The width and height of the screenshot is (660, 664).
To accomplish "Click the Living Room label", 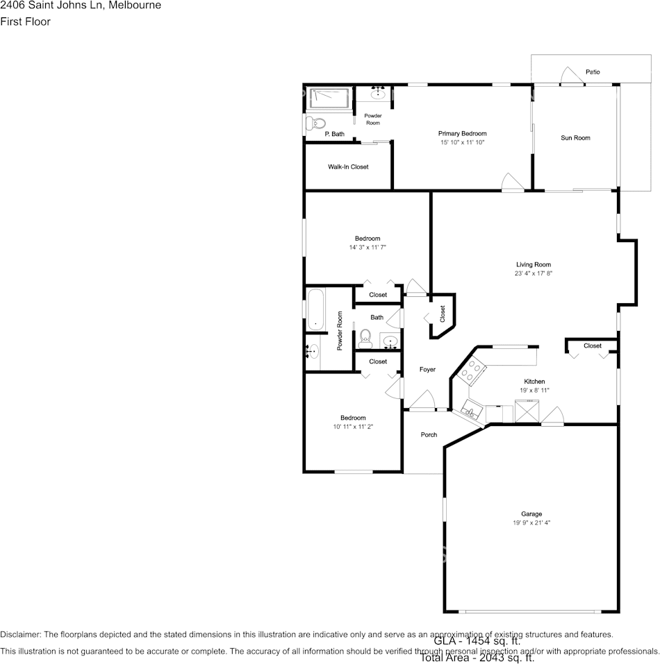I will click(533, 264).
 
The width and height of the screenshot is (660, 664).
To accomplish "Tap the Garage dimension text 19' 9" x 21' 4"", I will click(531, 523).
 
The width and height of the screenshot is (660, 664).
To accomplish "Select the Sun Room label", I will click(575, 138).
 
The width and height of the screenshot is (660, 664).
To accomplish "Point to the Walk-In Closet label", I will click(348, 167).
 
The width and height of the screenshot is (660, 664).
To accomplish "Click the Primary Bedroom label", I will click(462, 133).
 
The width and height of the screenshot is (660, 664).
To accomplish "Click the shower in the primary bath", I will click(329, 98).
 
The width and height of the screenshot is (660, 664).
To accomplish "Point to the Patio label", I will click(593, 72).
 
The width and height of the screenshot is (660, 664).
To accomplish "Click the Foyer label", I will click(427, 370).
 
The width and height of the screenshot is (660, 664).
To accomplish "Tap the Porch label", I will click(429, 435).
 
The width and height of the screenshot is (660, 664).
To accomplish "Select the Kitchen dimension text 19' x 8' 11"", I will click(534, 391).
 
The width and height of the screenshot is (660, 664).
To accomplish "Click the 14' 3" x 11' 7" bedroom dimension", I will click(368, 248).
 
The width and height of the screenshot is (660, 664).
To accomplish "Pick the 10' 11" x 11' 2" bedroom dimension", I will click(353, 427).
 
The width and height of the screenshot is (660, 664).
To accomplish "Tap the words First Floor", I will click(25, 22).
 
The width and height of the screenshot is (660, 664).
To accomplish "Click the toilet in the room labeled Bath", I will click(365, 337).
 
